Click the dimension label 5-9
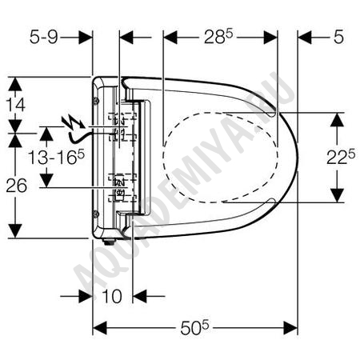43,37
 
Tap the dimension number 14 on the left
16,105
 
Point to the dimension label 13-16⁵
56,157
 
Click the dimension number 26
16,186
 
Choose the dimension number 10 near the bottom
112,296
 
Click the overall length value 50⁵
194,328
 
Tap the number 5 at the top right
338,37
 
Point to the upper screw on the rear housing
96,101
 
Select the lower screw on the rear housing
96,214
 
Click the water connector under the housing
109,242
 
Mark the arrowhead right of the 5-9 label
86,38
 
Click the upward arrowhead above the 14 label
15,84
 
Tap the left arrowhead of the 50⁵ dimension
100,328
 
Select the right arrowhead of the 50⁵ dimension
290,328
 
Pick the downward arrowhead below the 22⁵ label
338,195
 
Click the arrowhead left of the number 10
86,296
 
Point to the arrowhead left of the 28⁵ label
170,38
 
